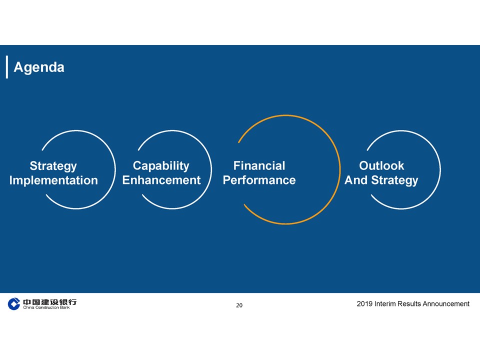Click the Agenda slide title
point(39,67)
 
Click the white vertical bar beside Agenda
point(6,67)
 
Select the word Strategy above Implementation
point(53,166)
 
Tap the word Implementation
point(53,180)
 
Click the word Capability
point(161,166)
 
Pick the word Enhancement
point(161,180)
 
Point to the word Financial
point(259,165)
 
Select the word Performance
point(259,180)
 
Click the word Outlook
point(381,165)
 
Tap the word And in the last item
point(356,180)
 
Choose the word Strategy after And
point(394,180)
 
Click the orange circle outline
point(340,169)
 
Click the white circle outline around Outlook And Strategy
point(440,169)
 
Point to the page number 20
point(239,305)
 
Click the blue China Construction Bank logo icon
point(14,303)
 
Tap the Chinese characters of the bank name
point(49,302)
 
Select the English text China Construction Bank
point(46,307)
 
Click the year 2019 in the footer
point(364,303)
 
